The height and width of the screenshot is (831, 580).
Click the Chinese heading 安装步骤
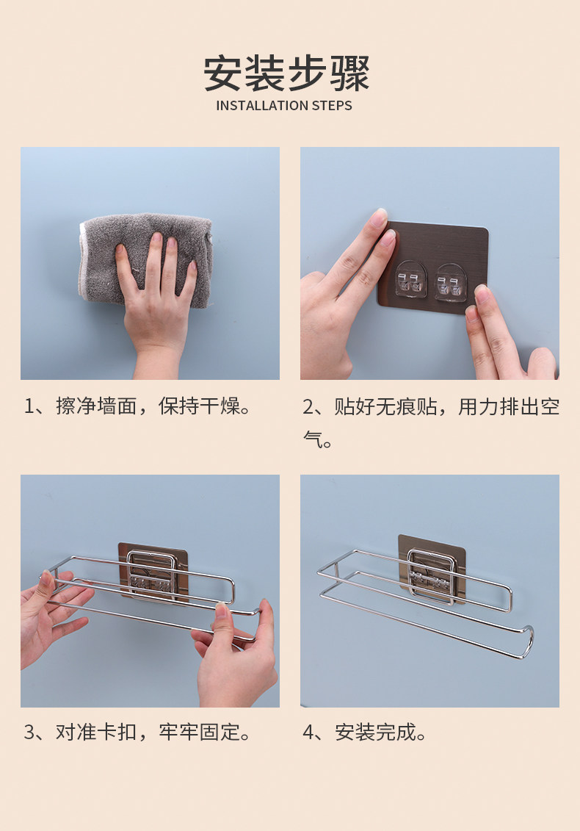(x=286, y=73)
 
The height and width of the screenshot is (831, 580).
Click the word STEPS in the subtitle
(x=332, y=106)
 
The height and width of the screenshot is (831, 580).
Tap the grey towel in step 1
(x=145, y=259)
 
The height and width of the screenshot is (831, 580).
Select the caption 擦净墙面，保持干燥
(x=153, y=406)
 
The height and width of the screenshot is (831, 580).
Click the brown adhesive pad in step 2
(x=433, y=267)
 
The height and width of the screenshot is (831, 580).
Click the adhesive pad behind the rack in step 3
(x=153, y=572)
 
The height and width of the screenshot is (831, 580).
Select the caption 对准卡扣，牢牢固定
(x=153, y=733)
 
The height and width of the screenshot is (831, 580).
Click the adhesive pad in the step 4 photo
(x=432, y=568)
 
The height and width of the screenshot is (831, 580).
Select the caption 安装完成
(x=380, y=733)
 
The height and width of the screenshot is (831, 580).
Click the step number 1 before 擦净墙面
(x=29, y=406)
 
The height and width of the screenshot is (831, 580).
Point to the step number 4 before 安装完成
(x=308, y=733)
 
